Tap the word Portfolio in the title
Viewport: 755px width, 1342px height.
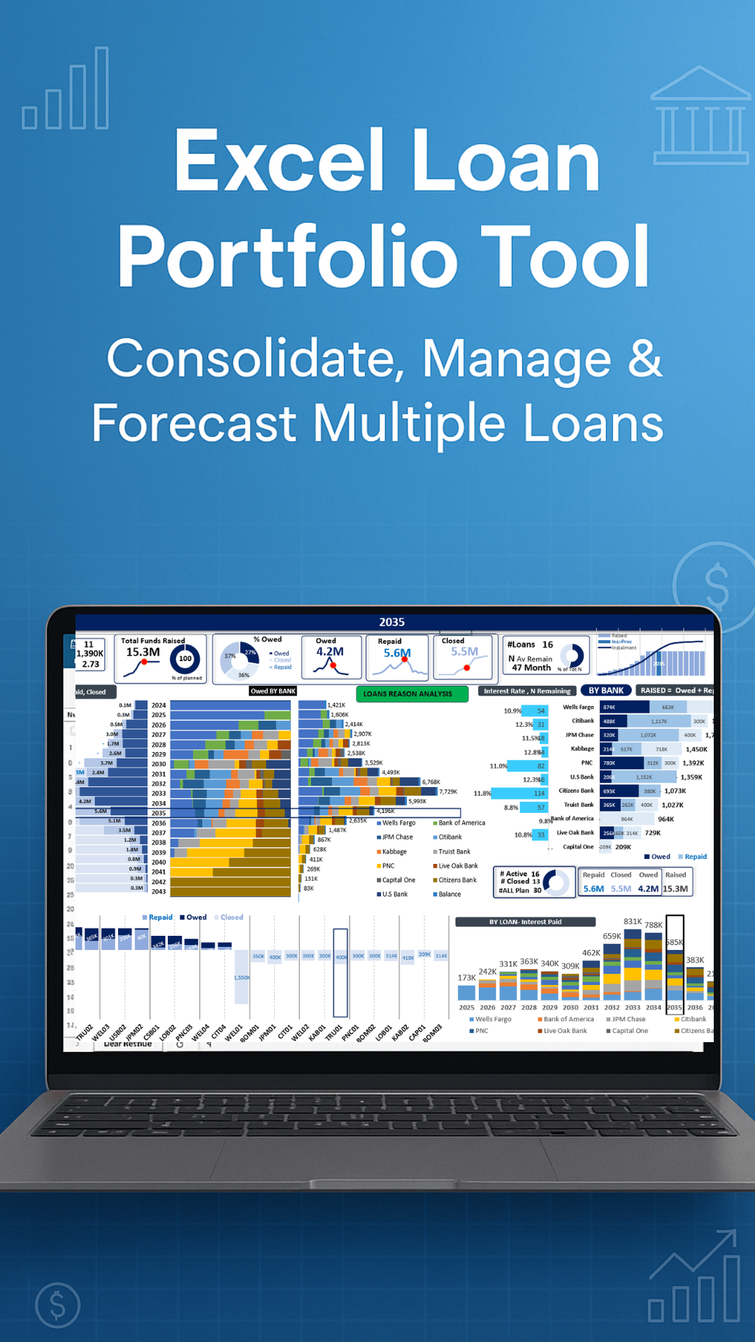click(287, 257)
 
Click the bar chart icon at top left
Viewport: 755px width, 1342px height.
click(66, 91)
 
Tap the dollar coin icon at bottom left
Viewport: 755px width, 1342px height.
click(58, 1305)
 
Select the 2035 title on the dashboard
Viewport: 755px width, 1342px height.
click(391, 622)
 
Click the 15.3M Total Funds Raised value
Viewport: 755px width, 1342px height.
click(143, 652)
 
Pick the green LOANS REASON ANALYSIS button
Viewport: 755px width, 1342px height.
click(412, 694)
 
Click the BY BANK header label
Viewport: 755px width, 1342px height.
click(605, 691)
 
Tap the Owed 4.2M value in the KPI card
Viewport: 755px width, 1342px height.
click(330, 651)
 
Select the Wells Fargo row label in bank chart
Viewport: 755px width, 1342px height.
click(578, 707)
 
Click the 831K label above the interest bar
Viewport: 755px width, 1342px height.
click(632, 921)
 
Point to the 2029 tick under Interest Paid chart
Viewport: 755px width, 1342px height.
click(549, 1008)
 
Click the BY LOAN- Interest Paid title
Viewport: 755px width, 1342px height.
click(525, 922)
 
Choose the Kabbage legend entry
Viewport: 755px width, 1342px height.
click(394, 852)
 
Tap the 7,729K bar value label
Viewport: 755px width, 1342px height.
click(448, 792)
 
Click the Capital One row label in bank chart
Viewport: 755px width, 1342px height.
click(578, 847)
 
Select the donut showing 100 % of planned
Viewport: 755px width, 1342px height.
click(185, 658)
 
